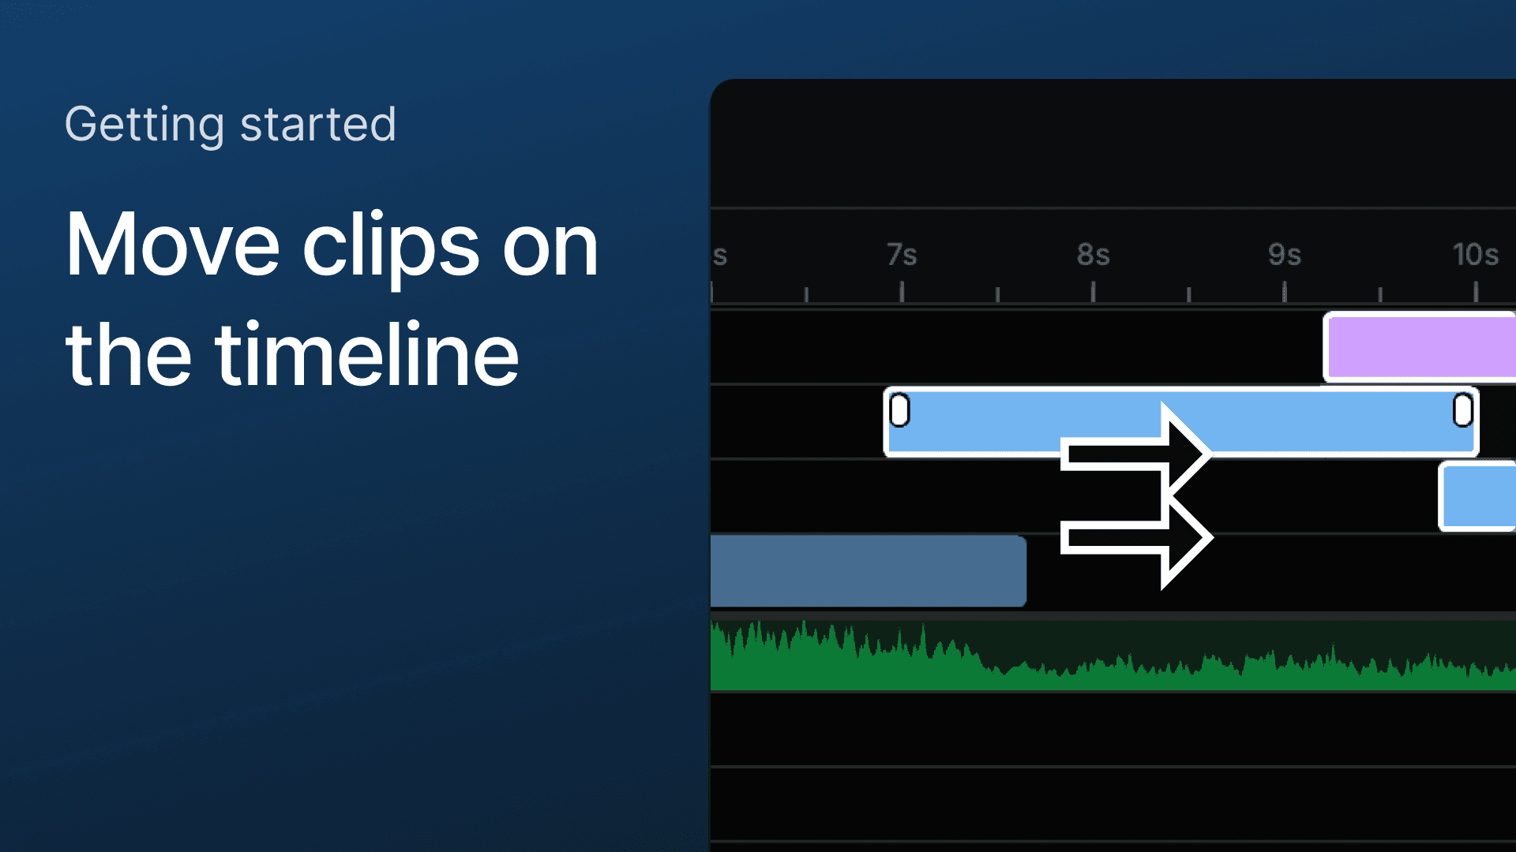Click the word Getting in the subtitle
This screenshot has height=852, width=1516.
point(144,125)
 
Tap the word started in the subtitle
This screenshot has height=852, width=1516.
point(317,125)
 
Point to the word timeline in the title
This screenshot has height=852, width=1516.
point(367,354)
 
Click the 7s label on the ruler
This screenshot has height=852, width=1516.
point(902,255)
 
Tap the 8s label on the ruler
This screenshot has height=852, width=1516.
point(1094,255)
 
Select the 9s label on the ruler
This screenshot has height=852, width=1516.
point(1285,255)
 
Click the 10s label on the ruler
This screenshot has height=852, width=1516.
point(1476,255)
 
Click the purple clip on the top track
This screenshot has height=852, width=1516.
point(1420,347)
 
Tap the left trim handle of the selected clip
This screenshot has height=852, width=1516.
point(899,410)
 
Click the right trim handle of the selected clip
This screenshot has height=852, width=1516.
point(1463,410)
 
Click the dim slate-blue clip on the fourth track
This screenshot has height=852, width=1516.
point(869,571)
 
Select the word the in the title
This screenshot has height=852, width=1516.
point(129,354)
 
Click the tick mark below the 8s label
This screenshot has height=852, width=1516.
point(1094,292)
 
